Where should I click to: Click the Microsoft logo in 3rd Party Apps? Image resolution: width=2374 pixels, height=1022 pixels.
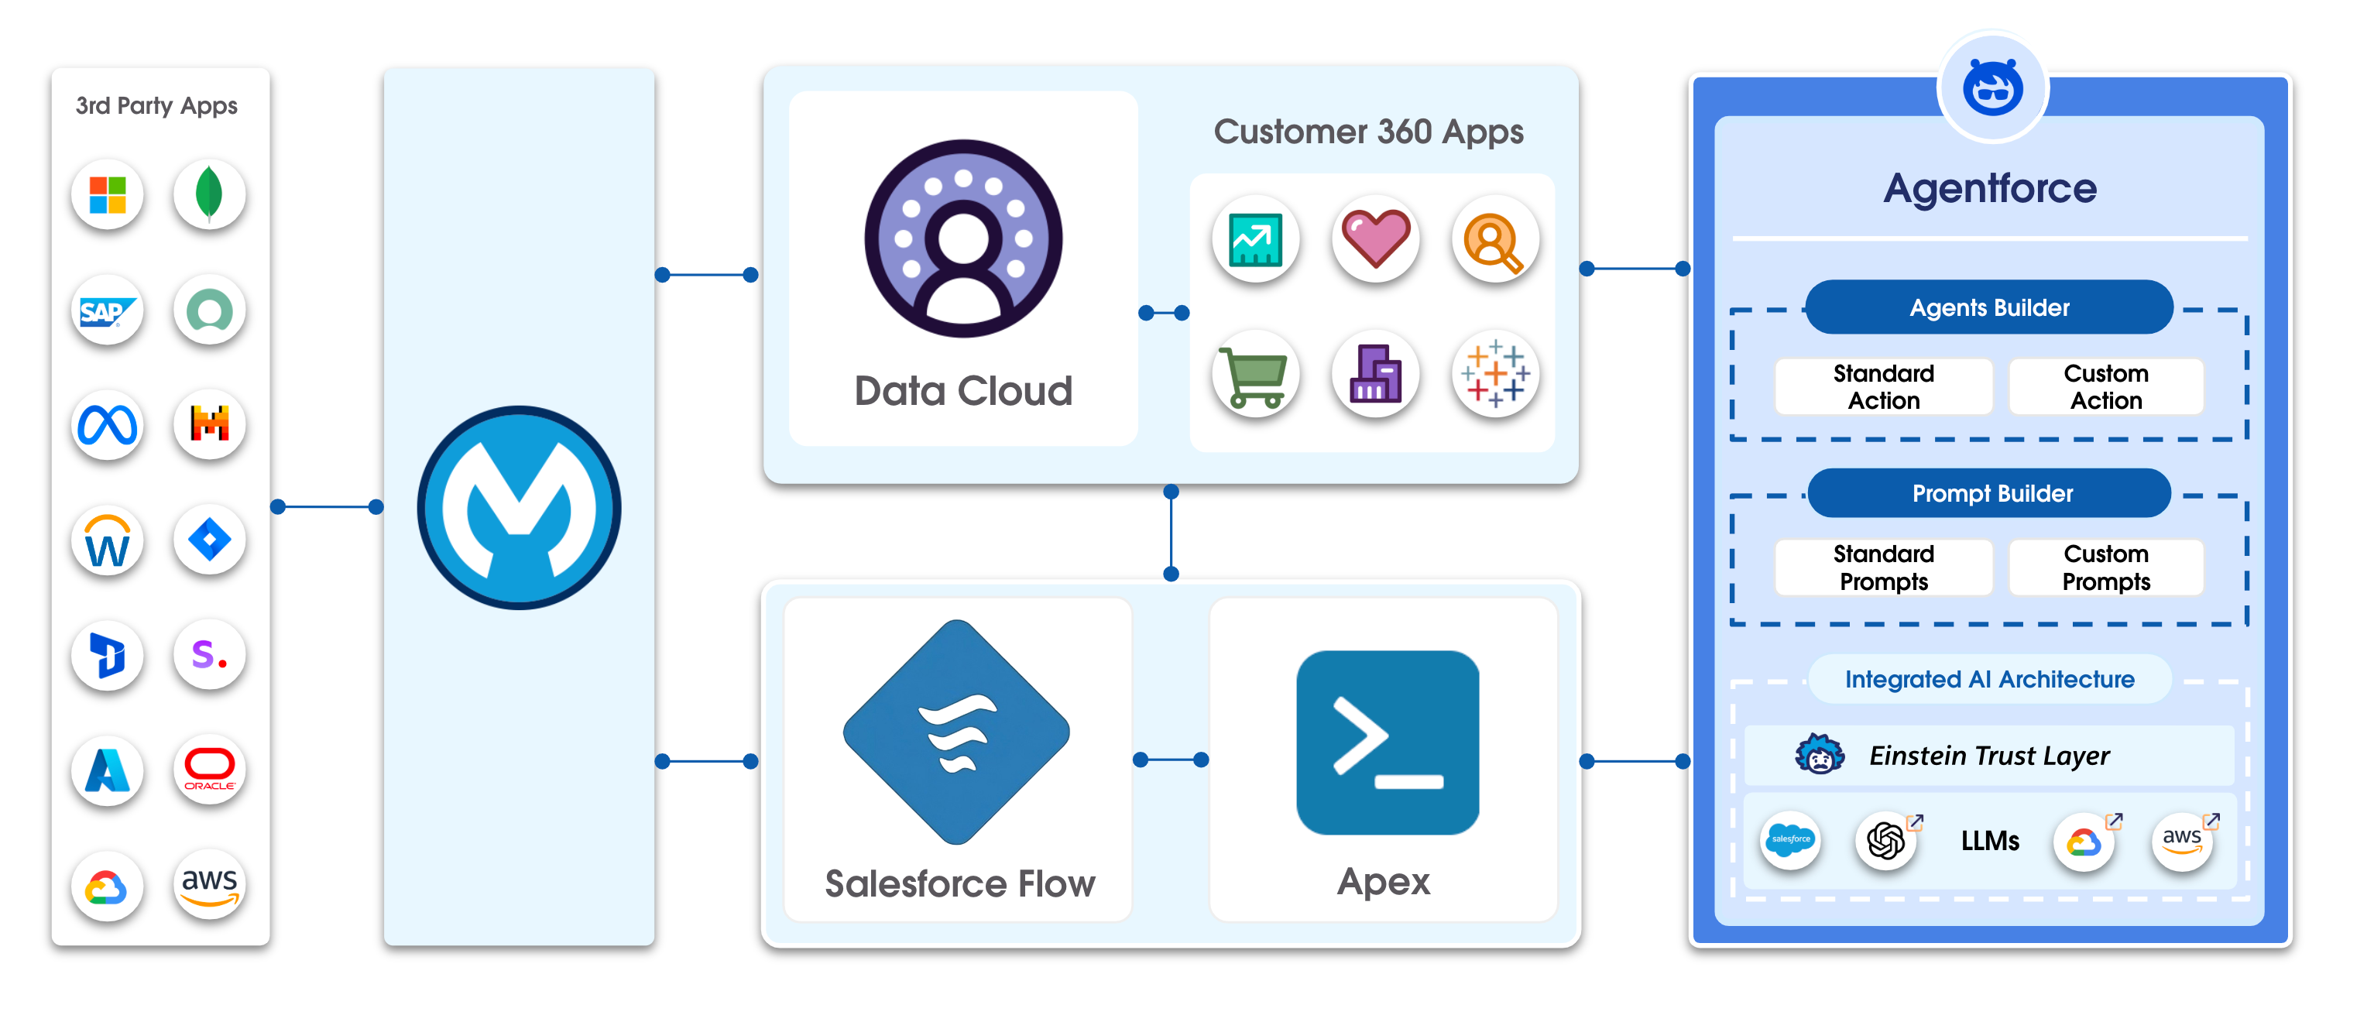pyautogui.click(x=108, y=194)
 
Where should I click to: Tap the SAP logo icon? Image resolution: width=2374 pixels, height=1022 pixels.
pyautogui.click(x=108, y=311)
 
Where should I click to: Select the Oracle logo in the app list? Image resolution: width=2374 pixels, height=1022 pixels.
pyautogui.click(x=209, y=770)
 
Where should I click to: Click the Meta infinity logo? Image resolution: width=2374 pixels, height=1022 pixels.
pyautogui.click(x=108, y=425)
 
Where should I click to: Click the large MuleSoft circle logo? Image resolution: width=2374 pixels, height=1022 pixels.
pyautogui.click(x=519, y=508)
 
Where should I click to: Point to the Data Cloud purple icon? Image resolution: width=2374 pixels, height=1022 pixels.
pyautogui.click(x=963, y=238)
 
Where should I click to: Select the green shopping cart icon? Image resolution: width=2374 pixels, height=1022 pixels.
pyautogui.click(x=1254, y=375)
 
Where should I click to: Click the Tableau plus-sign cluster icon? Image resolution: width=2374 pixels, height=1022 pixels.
pyautogui.click(x=1495, y=373)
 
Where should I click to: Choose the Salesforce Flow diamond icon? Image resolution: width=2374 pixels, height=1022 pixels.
pyautogui.click(x=956, y=732)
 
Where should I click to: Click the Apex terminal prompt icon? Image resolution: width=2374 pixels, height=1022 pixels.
pyautogui.click(x=1387, y=742)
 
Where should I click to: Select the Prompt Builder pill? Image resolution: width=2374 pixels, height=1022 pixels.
pyautogui.click(x=1991, y=494)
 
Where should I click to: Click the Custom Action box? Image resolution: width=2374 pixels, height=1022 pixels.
pyautogui.click(x=2106, y=387)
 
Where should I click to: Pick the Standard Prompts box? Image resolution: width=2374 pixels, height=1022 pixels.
pyautogui.click(x=1883, y=568)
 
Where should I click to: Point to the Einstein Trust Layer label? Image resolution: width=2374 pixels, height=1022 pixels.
pyautogui.click(x=1988, y=756)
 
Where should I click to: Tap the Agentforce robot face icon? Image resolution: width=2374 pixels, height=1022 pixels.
pyautogui.click(x=1992, y=88)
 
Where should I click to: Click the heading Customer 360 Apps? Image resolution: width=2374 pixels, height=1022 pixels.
pyautogui.click(x=1367, y=132)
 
